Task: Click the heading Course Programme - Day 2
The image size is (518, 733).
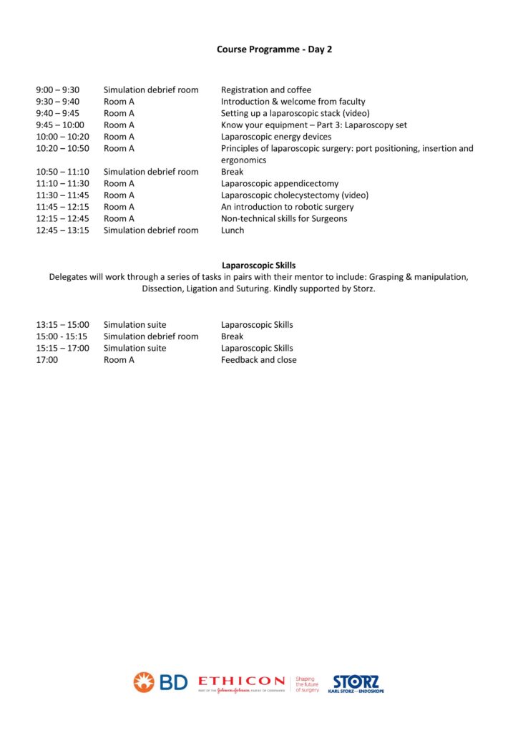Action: tap(275, 49)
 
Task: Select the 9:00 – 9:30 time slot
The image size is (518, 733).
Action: tap(58, 90)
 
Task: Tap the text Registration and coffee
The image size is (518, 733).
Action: tap(266, 90)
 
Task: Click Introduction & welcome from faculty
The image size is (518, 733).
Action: tap(293, 102)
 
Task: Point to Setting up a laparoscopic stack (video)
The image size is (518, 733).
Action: tap(295, 113)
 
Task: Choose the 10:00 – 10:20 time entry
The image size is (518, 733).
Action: tap(63, 137)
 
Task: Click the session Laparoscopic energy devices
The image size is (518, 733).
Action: tap(276, 137)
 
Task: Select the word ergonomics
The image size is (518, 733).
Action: tap(243, 160)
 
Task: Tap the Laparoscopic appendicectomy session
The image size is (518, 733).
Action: tap(280, 183)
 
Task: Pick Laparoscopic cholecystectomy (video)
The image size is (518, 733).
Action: tap(295, 195)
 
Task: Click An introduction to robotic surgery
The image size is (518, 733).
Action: tap(287, 207)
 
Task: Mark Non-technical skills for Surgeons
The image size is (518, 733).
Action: tap(284, 218)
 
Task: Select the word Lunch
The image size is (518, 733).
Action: tap(233, 230)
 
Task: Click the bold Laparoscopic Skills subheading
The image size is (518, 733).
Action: tap(259, 266)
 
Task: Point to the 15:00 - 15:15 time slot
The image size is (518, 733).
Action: tap(62, 336)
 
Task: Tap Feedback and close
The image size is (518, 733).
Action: tap(258, 360)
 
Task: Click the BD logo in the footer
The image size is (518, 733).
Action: tap(160, 682)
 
